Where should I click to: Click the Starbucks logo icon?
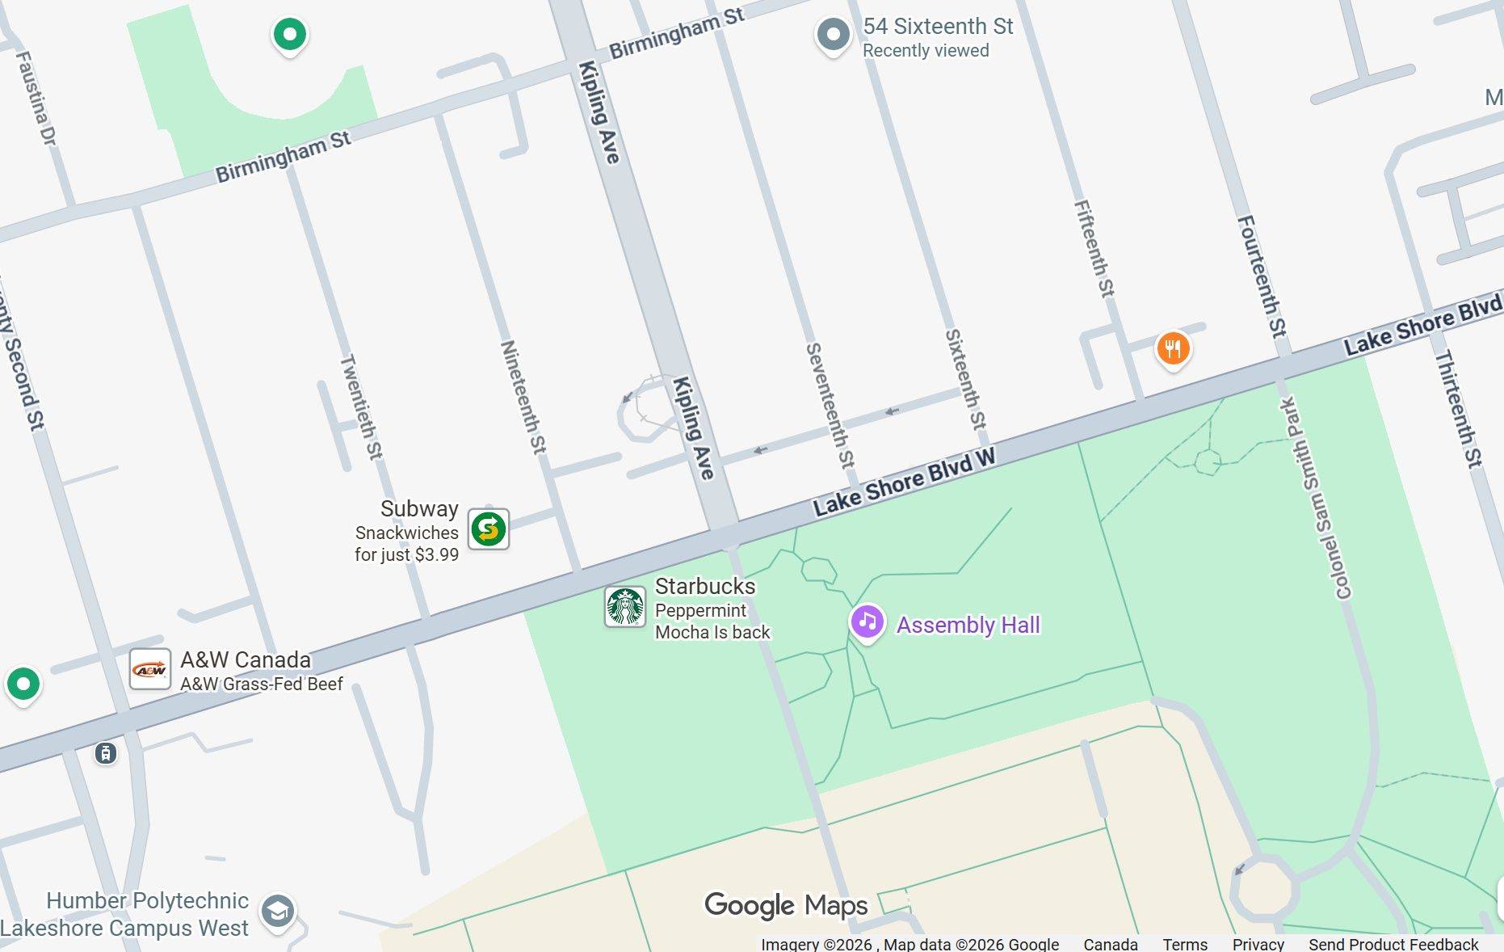[625, 607]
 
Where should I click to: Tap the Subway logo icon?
[489, 529]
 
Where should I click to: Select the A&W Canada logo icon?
[150, 669]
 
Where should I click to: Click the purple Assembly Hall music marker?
[867, 622]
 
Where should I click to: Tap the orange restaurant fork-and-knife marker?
[1173, 349]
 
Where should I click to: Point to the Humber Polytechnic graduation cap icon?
[278, 912]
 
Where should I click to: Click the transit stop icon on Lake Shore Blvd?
[106, 753]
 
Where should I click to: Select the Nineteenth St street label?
[523, 397]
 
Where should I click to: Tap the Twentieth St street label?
[361, 406]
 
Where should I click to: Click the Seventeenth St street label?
[830, 406]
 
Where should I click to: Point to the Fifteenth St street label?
[1094, 249]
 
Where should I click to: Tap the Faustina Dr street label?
[36, 99]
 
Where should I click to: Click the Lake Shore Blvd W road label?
[904, 482]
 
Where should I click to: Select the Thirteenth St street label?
[1459, 408]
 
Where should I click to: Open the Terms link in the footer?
[1184, 944]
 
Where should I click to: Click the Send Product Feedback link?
[1393, 944]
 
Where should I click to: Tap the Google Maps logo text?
[785, 905]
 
